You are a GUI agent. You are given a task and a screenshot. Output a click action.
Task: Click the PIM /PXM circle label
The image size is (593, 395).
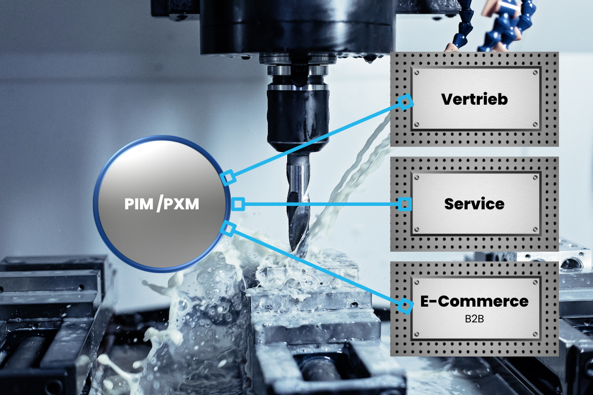point(161,203)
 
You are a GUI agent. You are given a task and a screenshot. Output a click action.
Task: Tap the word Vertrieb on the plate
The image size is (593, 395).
point(474,99)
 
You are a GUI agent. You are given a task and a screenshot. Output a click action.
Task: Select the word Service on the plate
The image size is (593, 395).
point(474,203)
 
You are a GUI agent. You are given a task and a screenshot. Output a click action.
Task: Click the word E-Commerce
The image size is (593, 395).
point(474,301)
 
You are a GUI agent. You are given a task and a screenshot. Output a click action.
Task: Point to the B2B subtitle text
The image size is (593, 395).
point(474,318)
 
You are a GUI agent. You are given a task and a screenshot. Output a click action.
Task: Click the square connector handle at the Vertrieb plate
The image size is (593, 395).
point(406,102)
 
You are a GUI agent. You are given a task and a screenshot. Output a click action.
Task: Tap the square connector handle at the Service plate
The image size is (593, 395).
point(405,203)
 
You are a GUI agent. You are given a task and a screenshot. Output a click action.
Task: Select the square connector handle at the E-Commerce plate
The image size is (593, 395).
point(406,306)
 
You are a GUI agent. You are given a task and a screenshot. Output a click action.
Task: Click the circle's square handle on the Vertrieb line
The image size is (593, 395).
point(227,178)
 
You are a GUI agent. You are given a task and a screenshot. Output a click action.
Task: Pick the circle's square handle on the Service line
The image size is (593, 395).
point(238,203)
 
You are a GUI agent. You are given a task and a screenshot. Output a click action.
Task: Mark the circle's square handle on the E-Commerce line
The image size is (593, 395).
point(228,228)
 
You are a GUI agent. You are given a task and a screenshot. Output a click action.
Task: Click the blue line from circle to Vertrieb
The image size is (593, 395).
point(316,140)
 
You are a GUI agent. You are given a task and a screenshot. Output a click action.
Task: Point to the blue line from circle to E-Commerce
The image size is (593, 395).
point(316,267)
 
